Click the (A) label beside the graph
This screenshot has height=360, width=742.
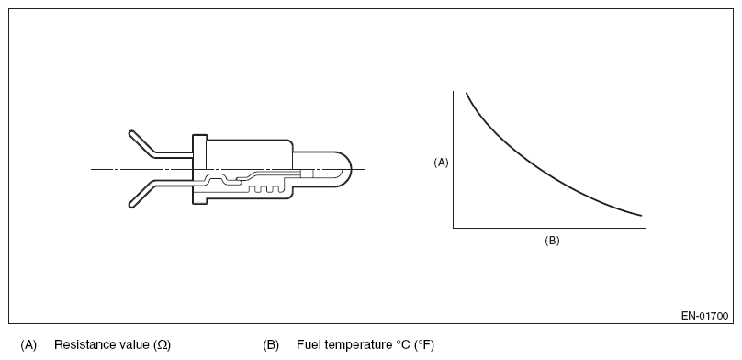click(x=441, y=163)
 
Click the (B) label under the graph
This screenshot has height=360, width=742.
click(x=552, y=241)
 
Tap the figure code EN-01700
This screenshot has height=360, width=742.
click(x=704, y=316)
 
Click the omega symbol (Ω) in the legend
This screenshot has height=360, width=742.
click(x=162, y=345)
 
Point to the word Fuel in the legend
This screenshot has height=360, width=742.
click(x=307, y=344)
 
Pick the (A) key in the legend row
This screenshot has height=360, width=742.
click(x=28, y=345)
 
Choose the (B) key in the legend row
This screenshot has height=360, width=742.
click(x=271, y=345)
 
